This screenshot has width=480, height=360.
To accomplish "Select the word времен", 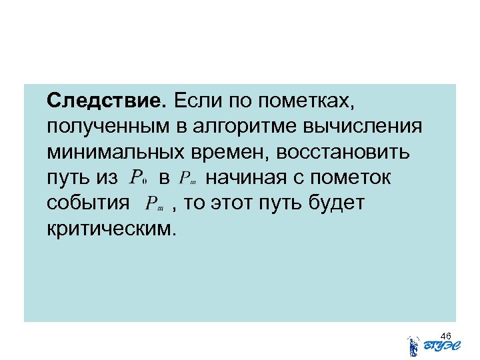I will click(x=223, y=153).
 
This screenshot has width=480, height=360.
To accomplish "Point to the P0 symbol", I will click(x=139, y=179).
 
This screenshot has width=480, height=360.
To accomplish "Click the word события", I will click(x=89, y=203).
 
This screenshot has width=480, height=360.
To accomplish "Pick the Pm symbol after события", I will click(x=156, y=205).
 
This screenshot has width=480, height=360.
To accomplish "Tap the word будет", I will click(x=340, y=203).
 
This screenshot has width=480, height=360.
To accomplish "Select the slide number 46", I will click(x=446, y=335).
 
